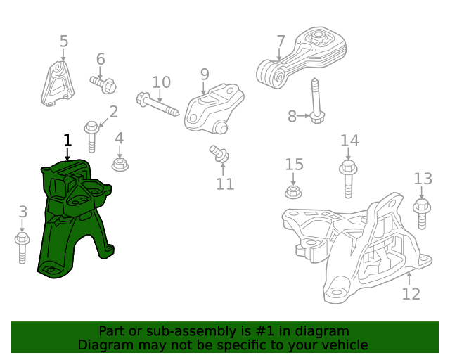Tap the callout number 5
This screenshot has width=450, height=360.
click(64, 41)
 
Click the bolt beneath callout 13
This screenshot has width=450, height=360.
click(422, 212)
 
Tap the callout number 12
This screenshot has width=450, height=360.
click(411, 294)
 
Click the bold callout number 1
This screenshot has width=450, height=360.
click(67, 140)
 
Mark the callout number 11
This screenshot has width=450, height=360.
click(225, 184)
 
